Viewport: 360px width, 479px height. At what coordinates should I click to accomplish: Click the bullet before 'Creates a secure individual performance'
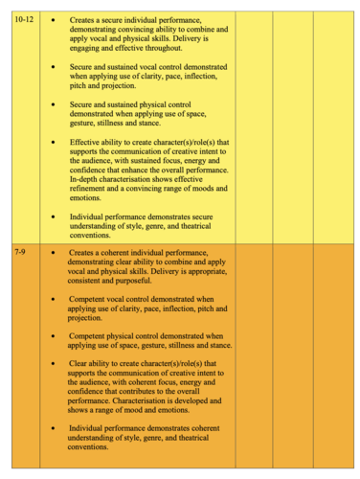tap(52, 19)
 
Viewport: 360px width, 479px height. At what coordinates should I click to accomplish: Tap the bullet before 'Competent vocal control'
tap(52, 299)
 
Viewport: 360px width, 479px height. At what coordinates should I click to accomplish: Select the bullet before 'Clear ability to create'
tap(52, 364)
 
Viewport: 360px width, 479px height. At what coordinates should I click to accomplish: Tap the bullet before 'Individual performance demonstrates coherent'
tap(52, 428)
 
